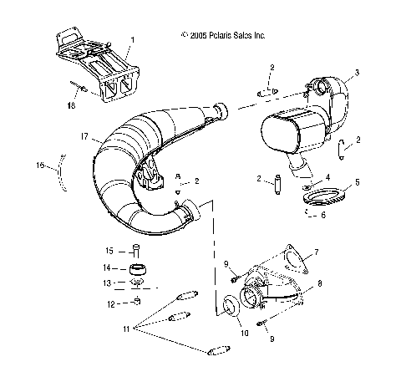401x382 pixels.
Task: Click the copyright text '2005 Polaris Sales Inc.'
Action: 223,36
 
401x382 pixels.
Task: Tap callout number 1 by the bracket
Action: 130,41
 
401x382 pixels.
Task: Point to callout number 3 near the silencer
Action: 357,74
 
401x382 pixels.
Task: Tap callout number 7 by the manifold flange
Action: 315,252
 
